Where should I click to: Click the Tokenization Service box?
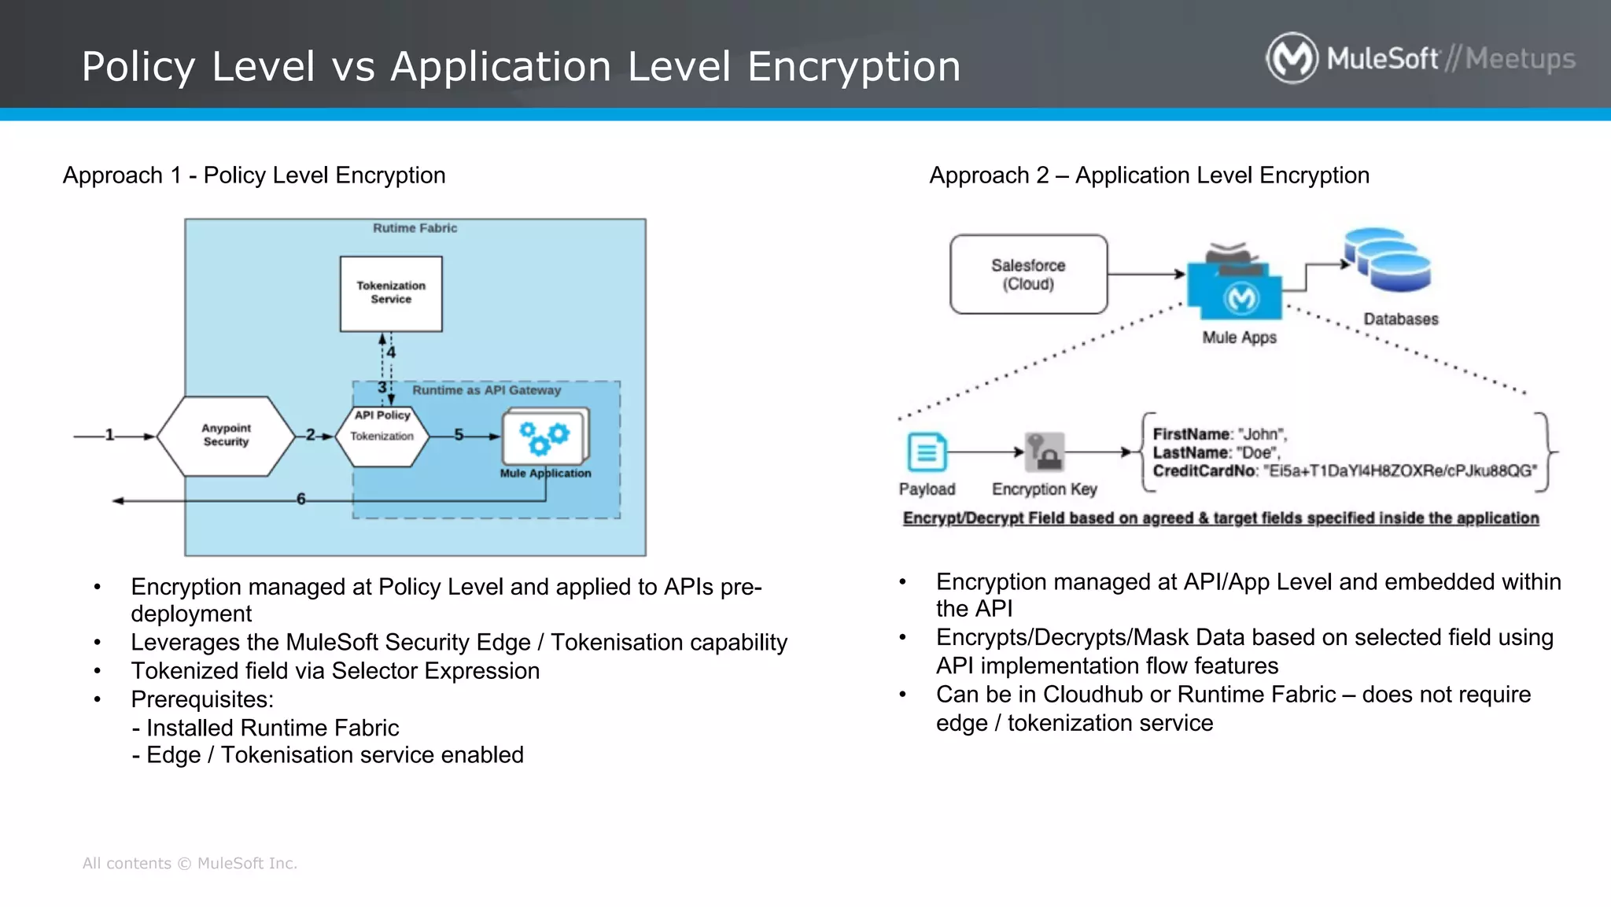pyautogui.click(x=391, y=293)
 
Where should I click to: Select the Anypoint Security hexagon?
pyautogui.click(x=226, y=436)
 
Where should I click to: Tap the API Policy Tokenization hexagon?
pyautogui.click(x=382, y=436)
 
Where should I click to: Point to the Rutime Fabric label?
pyautogui.click(x=415, y=228)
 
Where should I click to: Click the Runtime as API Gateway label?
pyautogui.click(x=486, y=390)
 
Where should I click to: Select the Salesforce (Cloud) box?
pyautogui.click(x=1028, y=275)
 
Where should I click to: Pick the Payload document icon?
pyautogui.click(x=927, y=452)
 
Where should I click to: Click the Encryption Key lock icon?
pyautogui.click(x=1045, y=452)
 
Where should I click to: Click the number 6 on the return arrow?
pyautogui.click(x=300, y=499)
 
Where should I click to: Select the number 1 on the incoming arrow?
pyautogui.click(x=109, y=435)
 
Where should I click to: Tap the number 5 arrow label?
pyautogui.click(x=459, y=435)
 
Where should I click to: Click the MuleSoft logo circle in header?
pyautogui.click(x=1292, y=58)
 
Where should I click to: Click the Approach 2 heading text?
pyautogui.click(x=1148, y=175)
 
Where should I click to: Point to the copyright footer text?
pyautogui.click(x=190, y=863)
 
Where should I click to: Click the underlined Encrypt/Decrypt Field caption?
pyautogui.click(x=1220, y=518)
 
